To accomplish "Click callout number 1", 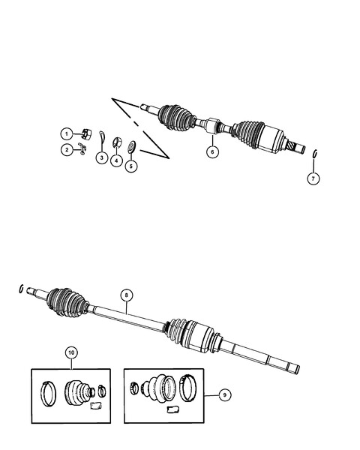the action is coord(67,134).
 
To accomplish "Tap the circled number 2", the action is coord(67,150).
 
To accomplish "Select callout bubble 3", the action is coord(102,157).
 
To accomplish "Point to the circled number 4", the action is coord(116,160).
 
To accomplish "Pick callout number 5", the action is coord(131,166).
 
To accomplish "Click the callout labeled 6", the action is coord(212,151).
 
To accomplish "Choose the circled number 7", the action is coord(313,178).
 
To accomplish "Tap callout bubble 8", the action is coord(127,295).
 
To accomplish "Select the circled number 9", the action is coord(225,395).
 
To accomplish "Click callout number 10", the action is coord(71,352).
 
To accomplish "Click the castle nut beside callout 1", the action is coord(86,134).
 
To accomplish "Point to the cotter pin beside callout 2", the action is coord(82,148).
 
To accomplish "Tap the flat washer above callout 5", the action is coord(132,146).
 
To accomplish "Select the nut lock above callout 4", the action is coord(117,142).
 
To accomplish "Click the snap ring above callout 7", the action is coord(315,154).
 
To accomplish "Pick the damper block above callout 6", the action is coord(213,126).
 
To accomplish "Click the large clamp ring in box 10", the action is coord(48,394).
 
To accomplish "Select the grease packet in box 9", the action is coord(173,409).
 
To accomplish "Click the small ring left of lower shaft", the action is coord(21,289).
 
